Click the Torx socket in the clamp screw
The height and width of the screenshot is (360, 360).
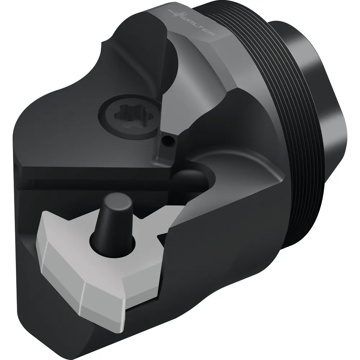click(x=129, y=116)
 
